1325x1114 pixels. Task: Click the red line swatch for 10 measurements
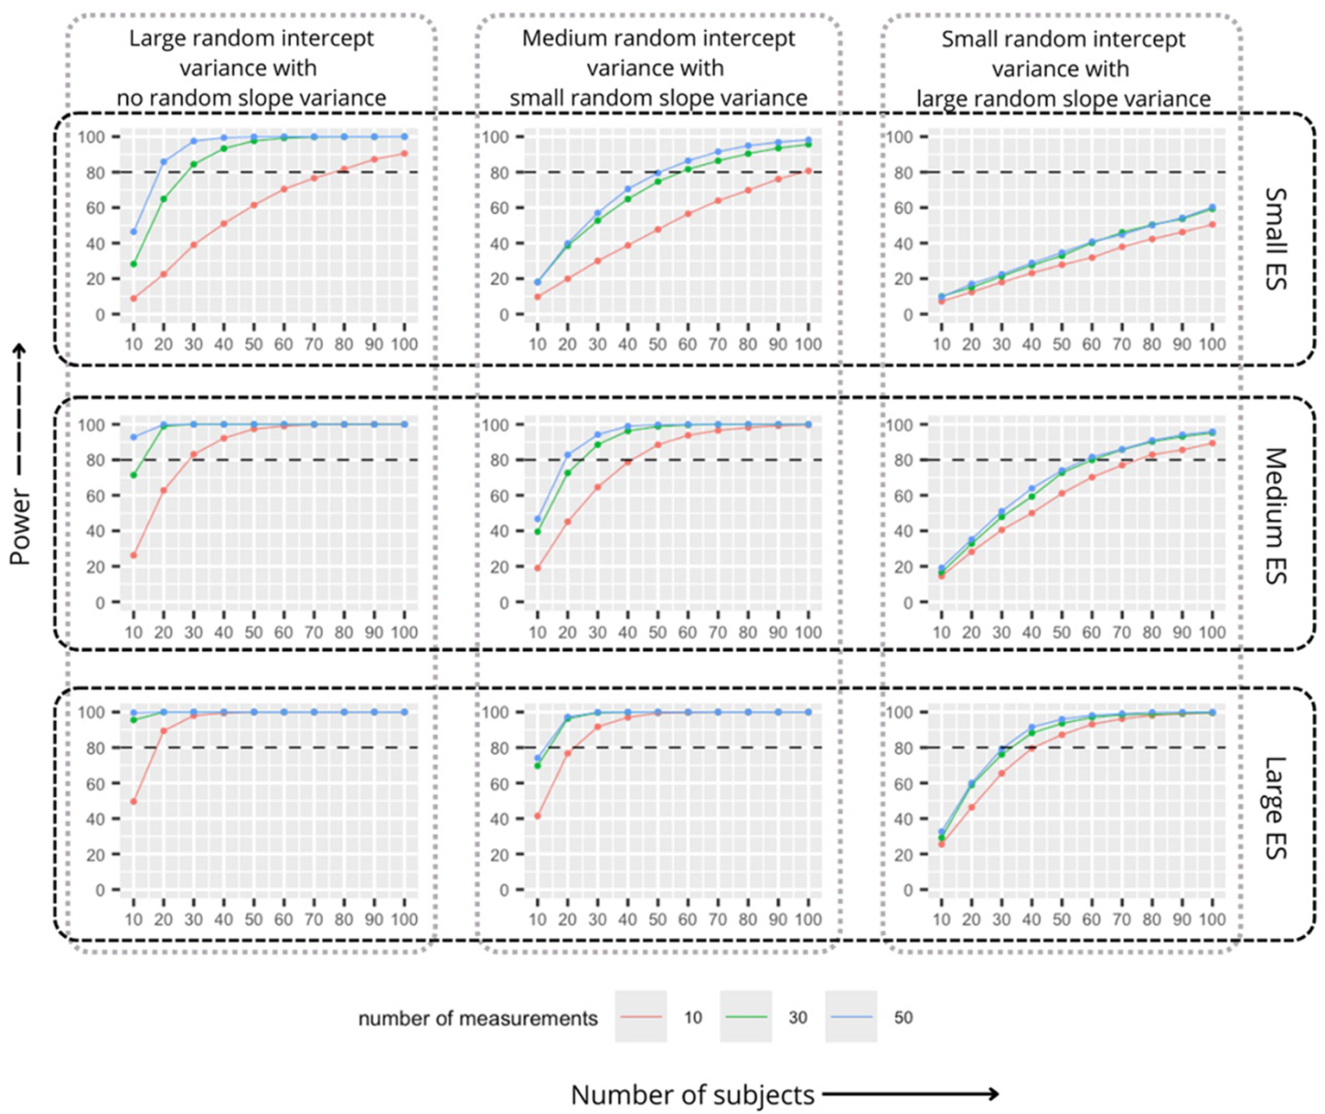640,1017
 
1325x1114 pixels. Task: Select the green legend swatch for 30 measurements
746,1017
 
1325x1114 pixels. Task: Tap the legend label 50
903,1017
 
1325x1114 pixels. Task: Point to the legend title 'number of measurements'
478,1018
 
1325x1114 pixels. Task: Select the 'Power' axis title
21,527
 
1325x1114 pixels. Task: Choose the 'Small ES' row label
1276,238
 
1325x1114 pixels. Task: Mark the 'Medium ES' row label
1276,516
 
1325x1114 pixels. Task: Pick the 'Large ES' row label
1276,808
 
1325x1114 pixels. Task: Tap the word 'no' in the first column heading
129,98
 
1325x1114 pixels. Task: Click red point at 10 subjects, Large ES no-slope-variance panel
133,801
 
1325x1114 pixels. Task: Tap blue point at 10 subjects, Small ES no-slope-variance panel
133,231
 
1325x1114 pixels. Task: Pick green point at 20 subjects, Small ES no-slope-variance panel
164,199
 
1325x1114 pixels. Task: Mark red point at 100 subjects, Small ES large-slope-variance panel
1212,224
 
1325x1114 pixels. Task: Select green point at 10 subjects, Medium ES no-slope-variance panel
133,475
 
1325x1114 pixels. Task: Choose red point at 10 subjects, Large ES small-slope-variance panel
538,816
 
